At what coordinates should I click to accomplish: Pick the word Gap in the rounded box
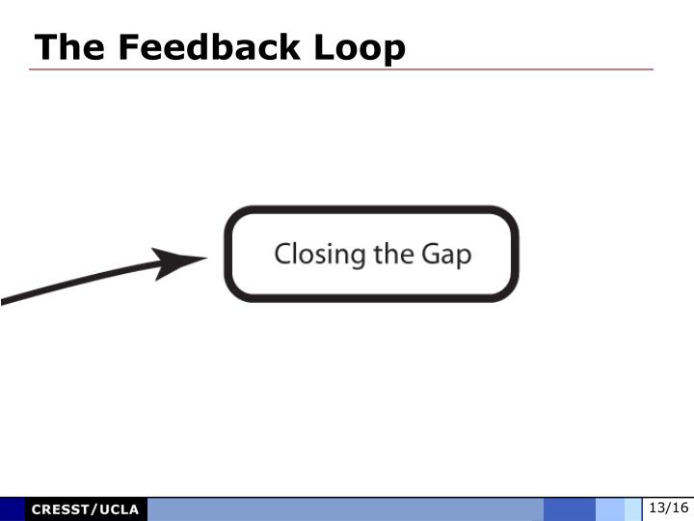pyautogui.click(x=446, y=255)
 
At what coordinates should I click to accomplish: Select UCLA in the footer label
pyautogui.click(x=119, y=509)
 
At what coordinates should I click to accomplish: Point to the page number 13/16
pyautogui.click(x=668, y=508)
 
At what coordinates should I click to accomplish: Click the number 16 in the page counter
pyautogui.click(x=680, y=508)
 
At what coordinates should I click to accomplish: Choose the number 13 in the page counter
pyautogui.click(x=657, y=508)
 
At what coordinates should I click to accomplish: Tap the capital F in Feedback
pyautogui.click(x=118, y=46)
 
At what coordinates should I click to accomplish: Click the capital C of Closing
pyautogui.click(x=283, y=255)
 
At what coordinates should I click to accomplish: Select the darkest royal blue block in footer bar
pyautogui.click(x=569, y=509)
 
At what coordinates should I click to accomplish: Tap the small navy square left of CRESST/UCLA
pyautogui.click(x=13, y=509)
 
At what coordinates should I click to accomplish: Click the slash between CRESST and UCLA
pyautogui.click(x=94, y=509)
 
